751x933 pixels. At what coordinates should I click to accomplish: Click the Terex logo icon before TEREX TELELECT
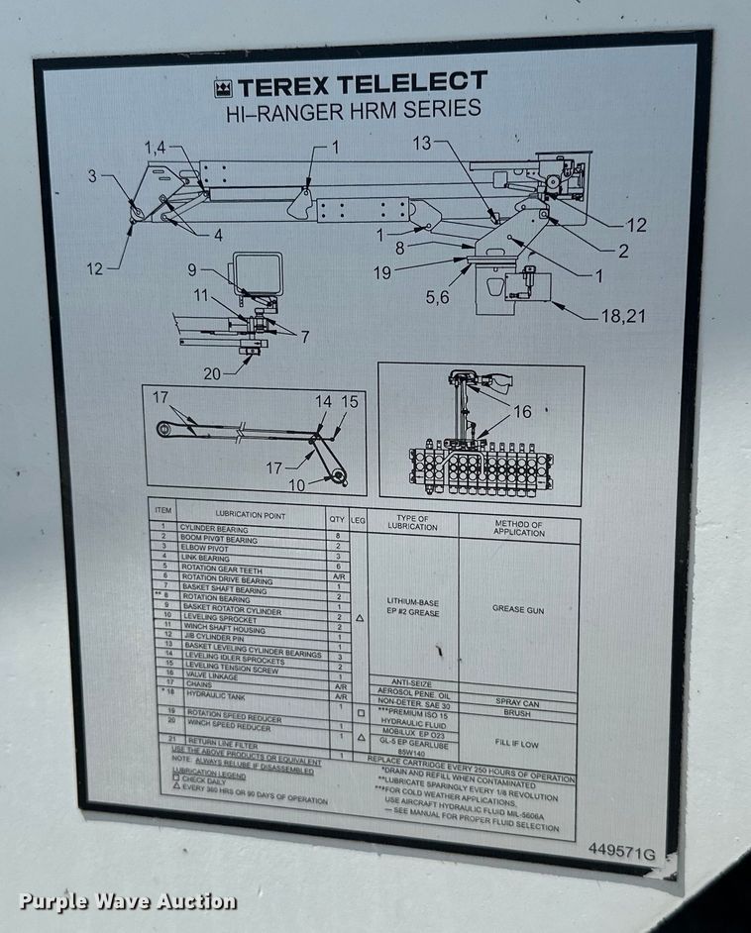click(x=220, y=87)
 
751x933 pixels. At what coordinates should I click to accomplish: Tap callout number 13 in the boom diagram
click(x=422, y=144)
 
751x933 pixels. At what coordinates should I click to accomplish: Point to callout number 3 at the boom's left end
click(x=92, y=176)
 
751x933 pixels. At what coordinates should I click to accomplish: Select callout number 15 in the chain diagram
click(x=349, y=402)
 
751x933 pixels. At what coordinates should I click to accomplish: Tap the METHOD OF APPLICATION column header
click(x=518, y=528)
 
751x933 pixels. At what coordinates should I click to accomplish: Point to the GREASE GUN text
click(x=518, y=609)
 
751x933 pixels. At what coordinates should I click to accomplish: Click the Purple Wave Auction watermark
click(x=128, y=901)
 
